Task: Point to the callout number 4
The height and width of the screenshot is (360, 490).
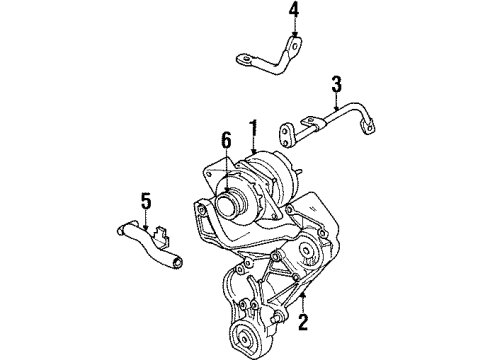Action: [x=293, y=12]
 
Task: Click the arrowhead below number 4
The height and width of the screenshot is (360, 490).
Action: [x=293, y=37]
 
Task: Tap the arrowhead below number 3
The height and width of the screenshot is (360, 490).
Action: [x=337, y=103]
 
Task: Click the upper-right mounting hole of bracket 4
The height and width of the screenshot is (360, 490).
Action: [x=294, y=43]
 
